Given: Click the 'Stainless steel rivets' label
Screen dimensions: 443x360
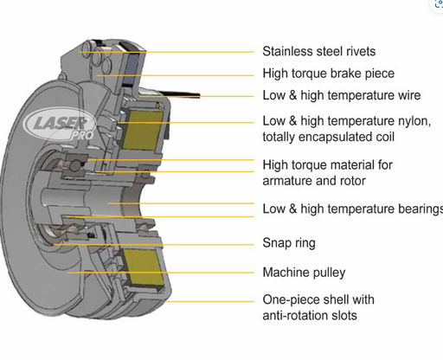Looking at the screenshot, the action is click(319, 51).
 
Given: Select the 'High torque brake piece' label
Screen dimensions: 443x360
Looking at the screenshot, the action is click(329, 74).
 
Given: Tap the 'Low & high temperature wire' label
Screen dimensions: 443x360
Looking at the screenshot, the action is click(342, 95).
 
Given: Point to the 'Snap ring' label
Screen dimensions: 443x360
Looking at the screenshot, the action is click(289, 243).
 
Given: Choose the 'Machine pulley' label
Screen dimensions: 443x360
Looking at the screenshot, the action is click(304, 273).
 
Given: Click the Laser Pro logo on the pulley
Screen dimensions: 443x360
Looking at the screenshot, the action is click(60, 125).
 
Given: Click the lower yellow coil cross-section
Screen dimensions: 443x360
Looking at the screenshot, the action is click(144, 267).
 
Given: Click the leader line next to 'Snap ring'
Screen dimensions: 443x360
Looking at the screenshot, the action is click(153, 245).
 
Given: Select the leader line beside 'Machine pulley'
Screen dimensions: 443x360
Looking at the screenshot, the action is click(161, 273).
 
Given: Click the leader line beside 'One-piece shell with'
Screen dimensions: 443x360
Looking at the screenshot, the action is click(210, 302).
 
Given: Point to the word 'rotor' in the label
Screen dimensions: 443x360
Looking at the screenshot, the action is click(353, 181).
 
